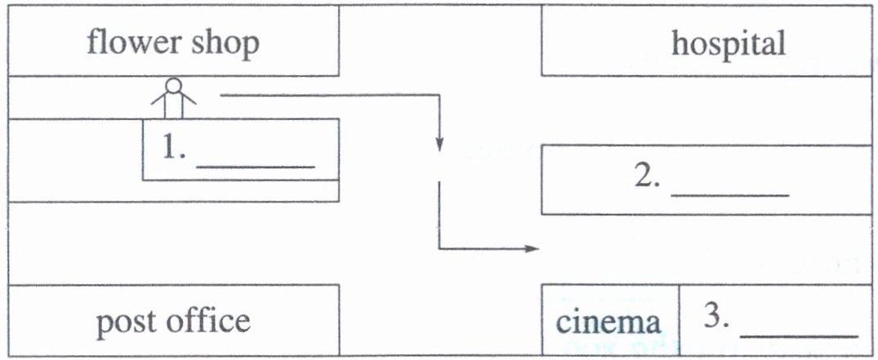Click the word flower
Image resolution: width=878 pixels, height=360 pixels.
point(134,43)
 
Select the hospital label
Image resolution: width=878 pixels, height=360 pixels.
point(729,43)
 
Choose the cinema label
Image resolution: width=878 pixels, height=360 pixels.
point(608,322)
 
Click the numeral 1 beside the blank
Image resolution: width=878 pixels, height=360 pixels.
point(171,149)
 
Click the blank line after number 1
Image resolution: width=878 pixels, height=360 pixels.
point(256,167)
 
